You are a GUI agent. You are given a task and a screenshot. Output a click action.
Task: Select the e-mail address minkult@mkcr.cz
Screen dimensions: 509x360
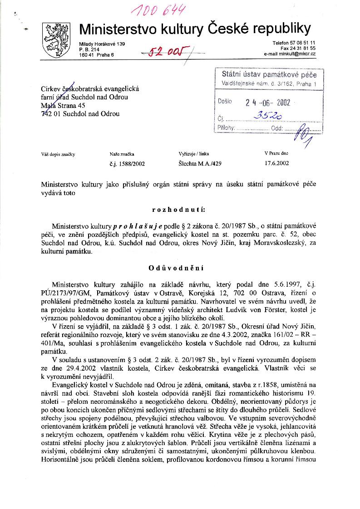290,54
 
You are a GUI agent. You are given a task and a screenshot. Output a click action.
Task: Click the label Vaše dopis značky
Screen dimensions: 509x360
58,154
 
